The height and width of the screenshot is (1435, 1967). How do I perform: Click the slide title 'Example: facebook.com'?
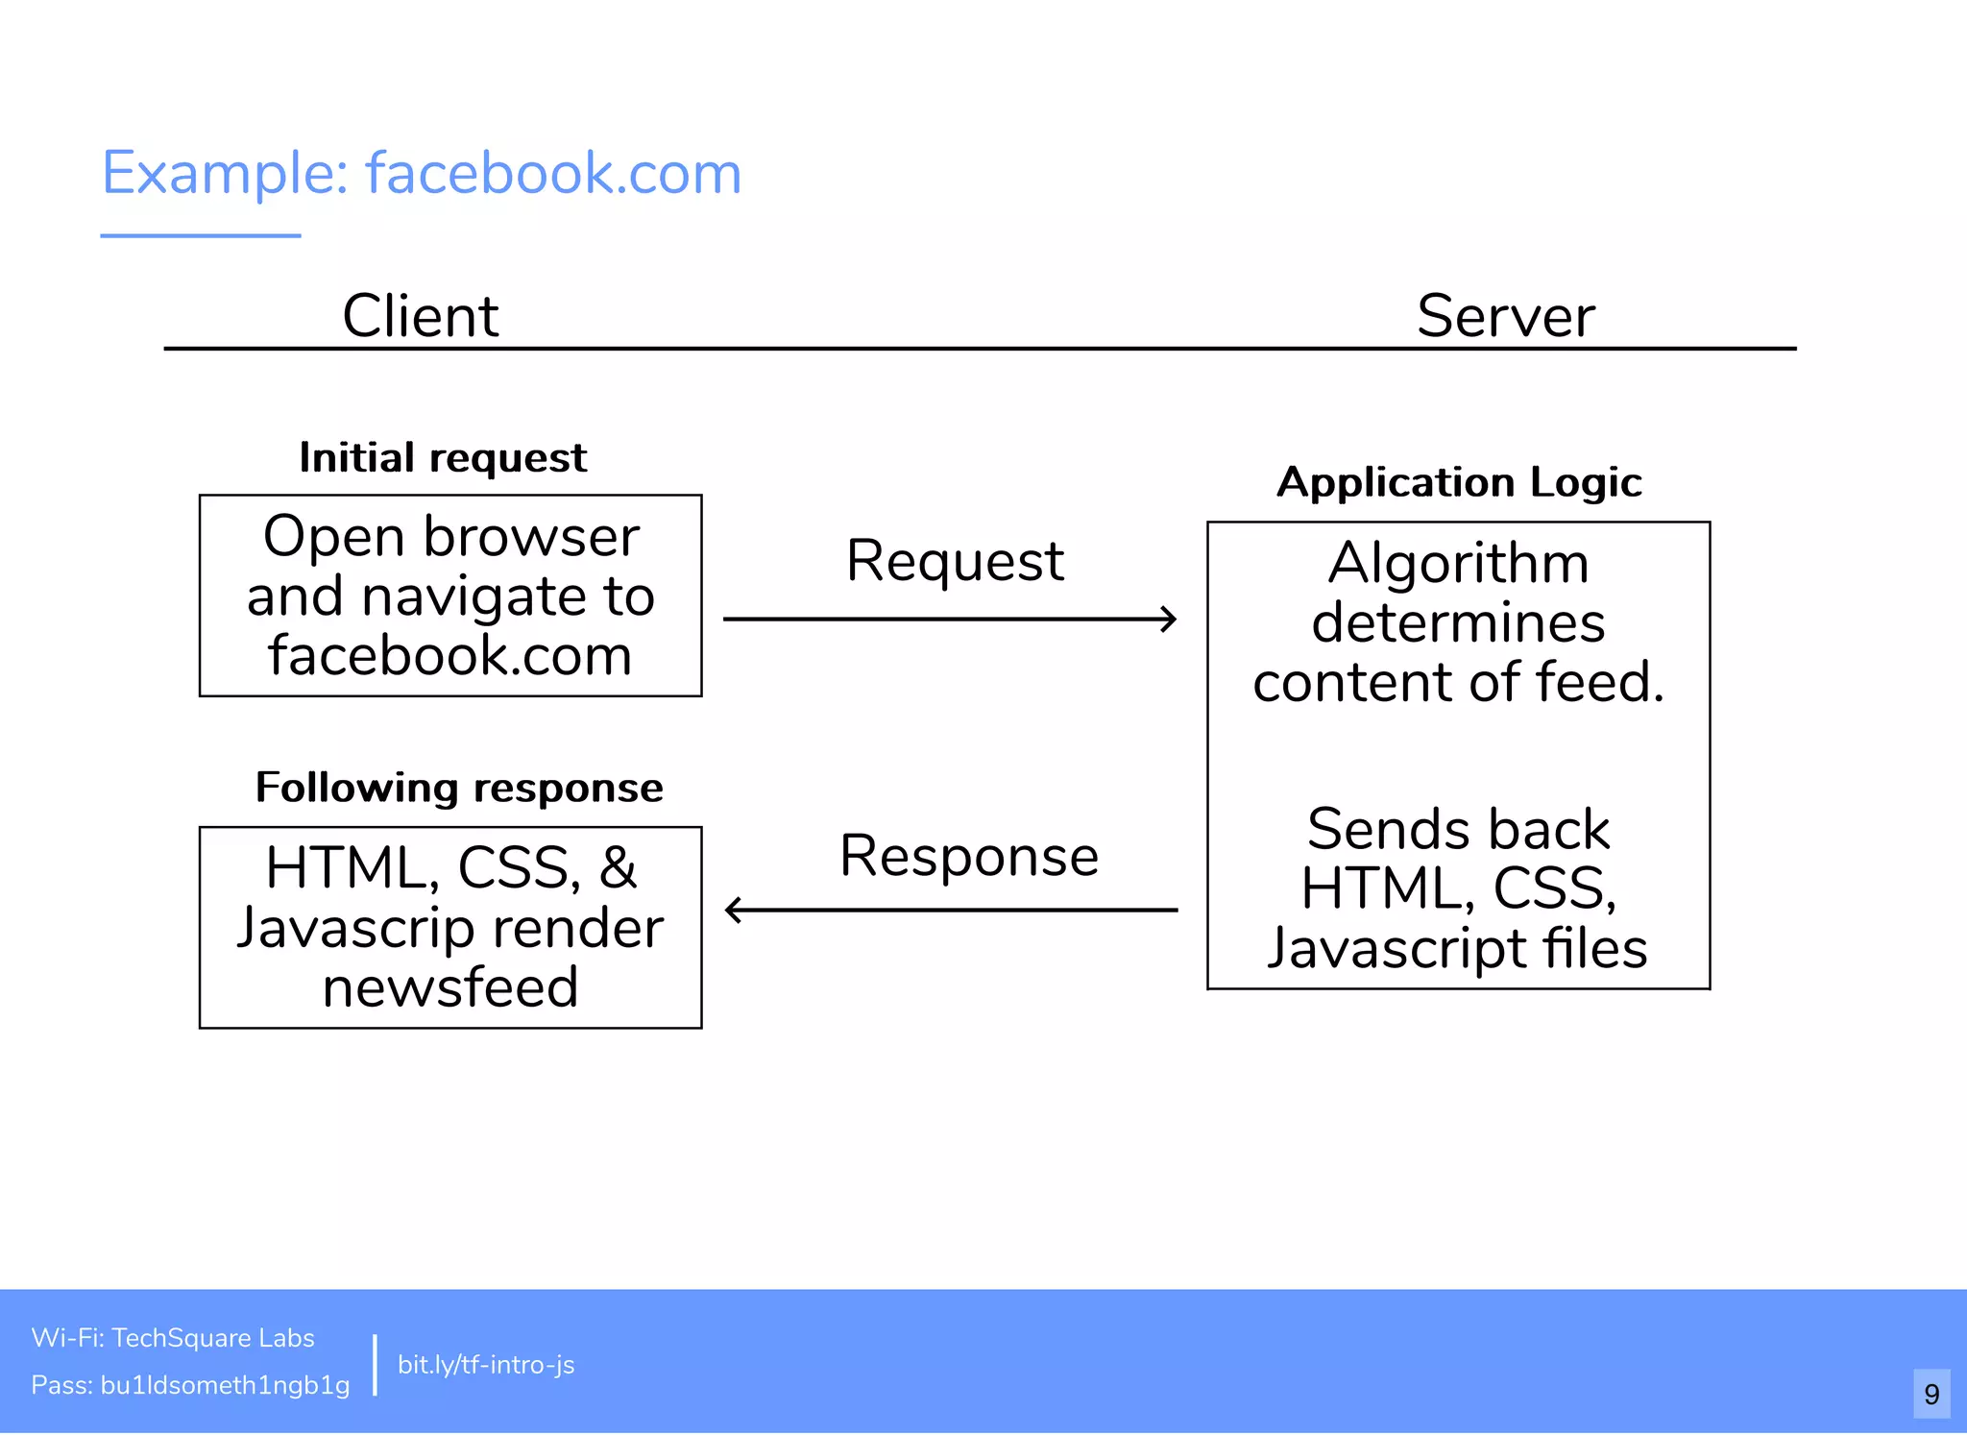[421, 174]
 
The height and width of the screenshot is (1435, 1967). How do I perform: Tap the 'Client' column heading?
[420, 316]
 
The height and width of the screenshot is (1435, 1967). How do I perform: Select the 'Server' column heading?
[1504, 316]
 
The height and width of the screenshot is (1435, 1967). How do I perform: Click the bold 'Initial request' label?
[442, 458]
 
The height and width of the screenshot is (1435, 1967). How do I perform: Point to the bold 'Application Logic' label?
[1458, 482]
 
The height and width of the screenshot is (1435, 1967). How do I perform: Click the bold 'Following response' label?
[458, 788]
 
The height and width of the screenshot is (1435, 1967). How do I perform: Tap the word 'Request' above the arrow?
[954, 561]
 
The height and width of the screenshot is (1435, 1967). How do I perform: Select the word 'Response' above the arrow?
[968, 856]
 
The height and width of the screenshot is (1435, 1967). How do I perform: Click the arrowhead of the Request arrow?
[1169, 620]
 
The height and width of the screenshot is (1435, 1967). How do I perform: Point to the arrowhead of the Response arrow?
[735, 910]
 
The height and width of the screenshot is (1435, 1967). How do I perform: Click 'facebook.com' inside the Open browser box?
[449, 657]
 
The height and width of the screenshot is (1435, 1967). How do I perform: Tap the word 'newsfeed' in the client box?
[449, 988]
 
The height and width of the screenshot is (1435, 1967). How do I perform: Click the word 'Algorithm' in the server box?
[1457, 563]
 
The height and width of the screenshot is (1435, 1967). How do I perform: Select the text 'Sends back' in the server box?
[1457, 829]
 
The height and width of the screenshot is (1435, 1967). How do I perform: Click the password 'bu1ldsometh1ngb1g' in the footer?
[225, 1385]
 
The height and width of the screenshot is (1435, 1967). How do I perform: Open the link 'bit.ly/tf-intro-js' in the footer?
[486, 1365]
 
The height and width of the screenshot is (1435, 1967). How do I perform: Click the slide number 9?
[1931, 1393]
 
